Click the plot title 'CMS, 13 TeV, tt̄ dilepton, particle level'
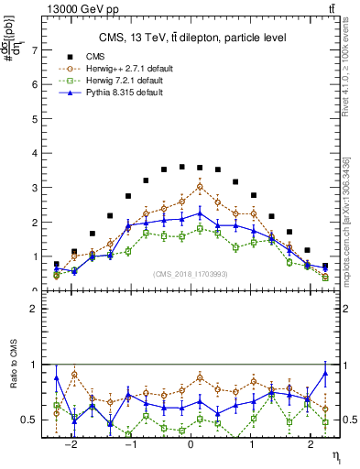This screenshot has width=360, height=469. coord(191,38)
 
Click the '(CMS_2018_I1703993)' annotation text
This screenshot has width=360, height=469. coord(191,273)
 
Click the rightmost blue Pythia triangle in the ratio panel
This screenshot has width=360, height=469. coord(325,373)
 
